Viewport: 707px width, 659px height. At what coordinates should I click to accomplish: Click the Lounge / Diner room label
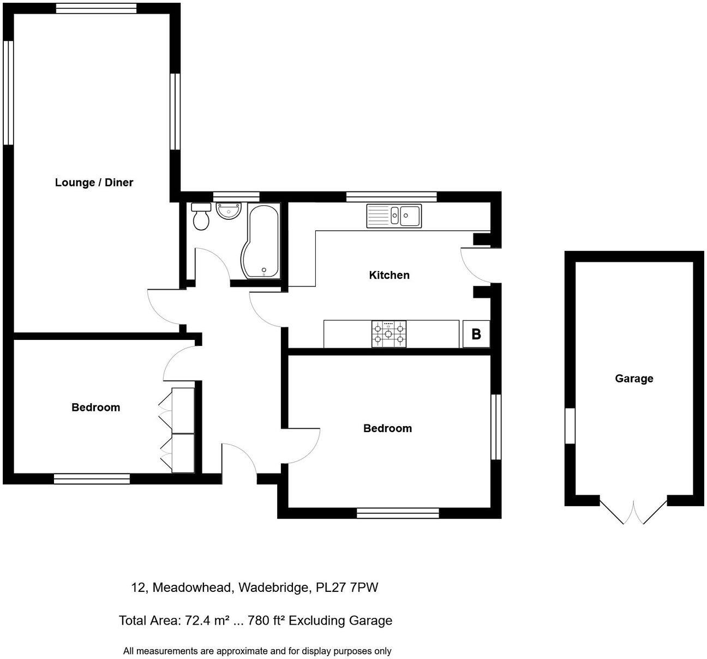(x=94, y=183)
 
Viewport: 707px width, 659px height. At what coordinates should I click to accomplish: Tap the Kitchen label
(x=389, y=275)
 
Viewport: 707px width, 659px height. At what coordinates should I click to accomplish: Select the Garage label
(x=634, y=379)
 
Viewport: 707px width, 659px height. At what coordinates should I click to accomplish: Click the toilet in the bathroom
(x=201, y=217)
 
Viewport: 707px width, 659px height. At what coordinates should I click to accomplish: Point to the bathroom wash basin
(x=229, y=212)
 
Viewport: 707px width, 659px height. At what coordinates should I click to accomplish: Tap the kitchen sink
(x=393, y=215)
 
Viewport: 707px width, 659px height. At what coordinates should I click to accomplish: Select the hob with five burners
(x=388, y=333)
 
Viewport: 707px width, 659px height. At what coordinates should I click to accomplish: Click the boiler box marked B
(x=476, y=334)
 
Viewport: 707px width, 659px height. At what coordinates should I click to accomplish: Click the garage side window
(x=570, y=426)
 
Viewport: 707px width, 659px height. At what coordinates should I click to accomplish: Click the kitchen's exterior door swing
(x=476, y=265)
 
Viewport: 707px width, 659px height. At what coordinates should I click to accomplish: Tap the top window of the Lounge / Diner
(x=96, y=8)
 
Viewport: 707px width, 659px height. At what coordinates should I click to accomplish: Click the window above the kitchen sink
(x=391, y=196)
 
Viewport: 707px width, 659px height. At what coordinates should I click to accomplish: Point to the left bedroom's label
(x=95, y=408)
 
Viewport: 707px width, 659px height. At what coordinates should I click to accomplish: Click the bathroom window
(x=236, y=196)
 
